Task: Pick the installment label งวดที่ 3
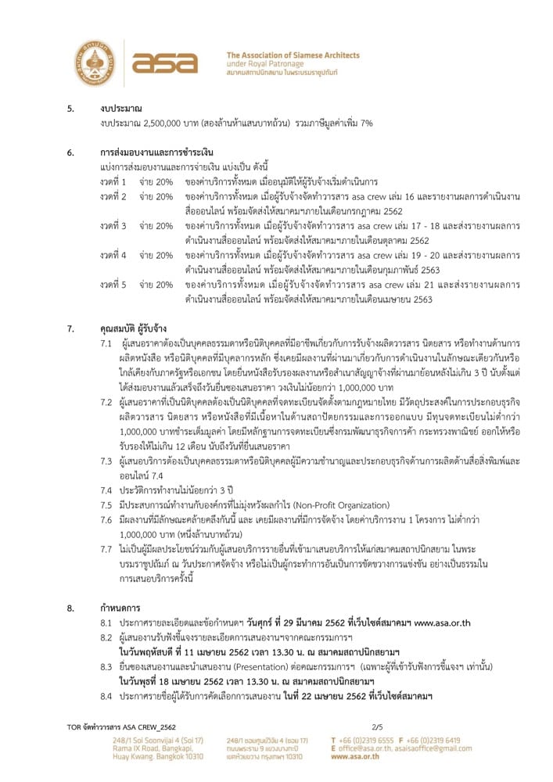click(x=113, y=225)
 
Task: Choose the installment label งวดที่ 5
click(x=113, y=285)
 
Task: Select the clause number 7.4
click(x=106, y=490)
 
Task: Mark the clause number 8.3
click(x=106, y=666)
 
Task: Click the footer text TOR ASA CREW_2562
click(x=120, y=727)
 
